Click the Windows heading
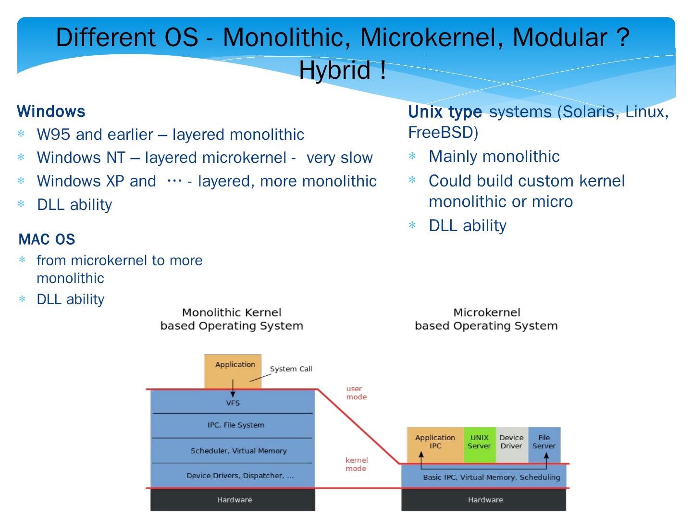pyautogui.click(x=51, y=111)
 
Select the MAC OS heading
pyautogui.click(x=47, y=239)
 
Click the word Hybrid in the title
pyautogui.click(x=335, y=70)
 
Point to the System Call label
pyautogui.click(x=291, y=369)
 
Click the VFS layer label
pyautogui.click(x=233, y=403)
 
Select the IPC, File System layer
pyautogui.click(x=235, y=425)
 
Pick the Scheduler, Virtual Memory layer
pyautogui.click(x=238, y=451)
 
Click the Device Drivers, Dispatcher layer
pyautogui.click(x=240, y=476)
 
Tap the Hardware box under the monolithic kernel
pyautogui.click(x=234, y=500)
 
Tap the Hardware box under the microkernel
pyautogui.click(x=485, y=500)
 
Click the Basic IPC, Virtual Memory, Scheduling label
pyautogui.click(x=491, y=477)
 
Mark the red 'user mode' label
pyautogui.click(x=356, y=393)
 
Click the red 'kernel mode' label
pyautogui.click(x=356, y=464)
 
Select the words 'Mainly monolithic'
pyautogui.click(x=494, y=157)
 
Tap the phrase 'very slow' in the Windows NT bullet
pyautogui.click(x=339, y=158)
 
